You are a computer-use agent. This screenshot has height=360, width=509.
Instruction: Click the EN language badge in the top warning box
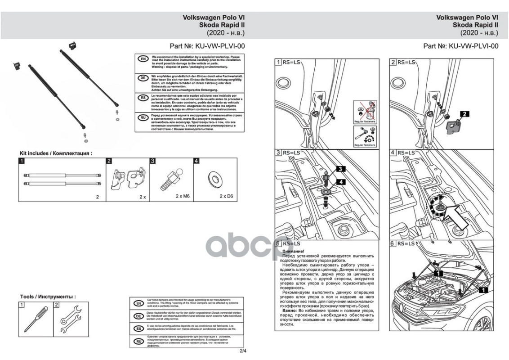click(143, 59)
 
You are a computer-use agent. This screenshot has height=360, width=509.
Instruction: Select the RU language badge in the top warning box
click(143, 117)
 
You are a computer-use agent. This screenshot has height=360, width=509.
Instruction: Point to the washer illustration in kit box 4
click(214, 179)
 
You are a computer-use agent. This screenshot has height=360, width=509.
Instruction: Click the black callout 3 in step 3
click(341, 169)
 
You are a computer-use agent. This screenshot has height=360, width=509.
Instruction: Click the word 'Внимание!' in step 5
click(293, 251)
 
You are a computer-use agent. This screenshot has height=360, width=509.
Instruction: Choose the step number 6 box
click(393, 243)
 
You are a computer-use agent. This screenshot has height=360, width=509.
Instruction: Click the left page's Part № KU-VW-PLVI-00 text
click(207, 46)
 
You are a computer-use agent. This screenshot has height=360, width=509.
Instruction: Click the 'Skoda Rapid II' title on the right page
click(475, 25)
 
